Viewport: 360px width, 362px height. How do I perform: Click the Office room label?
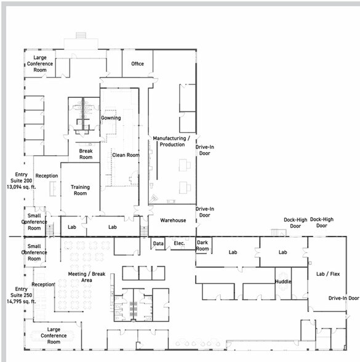(x=138, y=64)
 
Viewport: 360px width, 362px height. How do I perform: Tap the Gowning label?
(x=111, y=118)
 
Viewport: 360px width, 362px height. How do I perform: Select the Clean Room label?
(x=126, y=155)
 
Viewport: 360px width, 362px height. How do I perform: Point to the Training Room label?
(x=80, y=190)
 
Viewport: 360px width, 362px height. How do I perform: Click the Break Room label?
(x=86, y=154)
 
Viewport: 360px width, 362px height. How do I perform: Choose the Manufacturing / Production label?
(x=172, y=142)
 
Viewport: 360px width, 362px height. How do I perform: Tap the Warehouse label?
(x=173, y=220)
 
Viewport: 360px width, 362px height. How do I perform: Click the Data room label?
(x=158, y=243)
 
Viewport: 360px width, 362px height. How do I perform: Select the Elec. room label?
(x=179, y=243)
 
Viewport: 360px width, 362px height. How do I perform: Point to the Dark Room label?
(x=202, y=246)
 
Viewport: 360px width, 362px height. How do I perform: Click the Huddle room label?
(x=283, y=281)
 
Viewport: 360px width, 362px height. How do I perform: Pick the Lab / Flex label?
(x=328, y=274)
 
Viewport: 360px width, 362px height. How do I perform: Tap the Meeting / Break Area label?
(x=87, y=277)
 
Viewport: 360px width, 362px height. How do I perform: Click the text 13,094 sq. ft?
(x=21, y=187)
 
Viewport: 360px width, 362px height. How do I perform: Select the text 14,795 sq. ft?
(x=21, y=301)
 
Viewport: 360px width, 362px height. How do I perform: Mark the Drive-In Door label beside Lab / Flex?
(x=344, y=298)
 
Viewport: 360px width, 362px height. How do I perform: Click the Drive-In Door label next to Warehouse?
(x=205, y=212)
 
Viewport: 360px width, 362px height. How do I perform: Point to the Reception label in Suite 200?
(x=47, y=176)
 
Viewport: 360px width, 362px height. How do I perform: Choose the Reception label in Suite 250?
(x=43, y=284)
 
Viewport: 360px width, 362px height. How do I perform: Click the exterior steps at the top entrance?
(x=81, y=35)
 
